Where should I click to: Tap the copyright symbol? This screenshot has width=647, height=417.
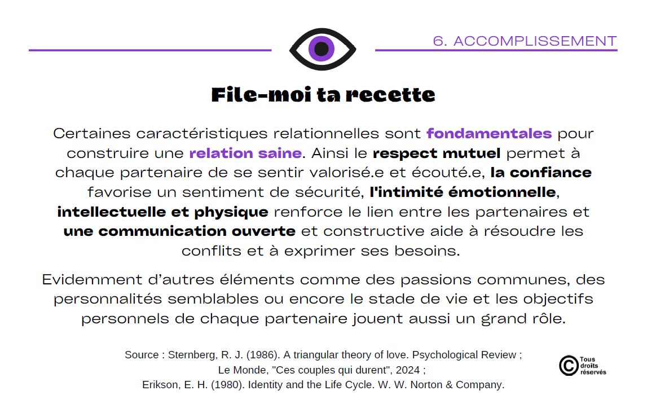pyautogui.click(x=569, y=366)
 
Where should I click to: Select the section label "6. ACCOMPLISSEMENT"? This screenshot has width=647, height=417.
pyautogui.click(x=525, y=41)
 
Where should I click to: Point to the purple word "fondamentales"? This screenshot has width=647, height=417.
pyautogui.click(x=489, y=133)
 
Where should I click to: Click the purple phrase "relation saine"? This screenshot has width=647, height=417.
pyautogui.click(x=245, y=153)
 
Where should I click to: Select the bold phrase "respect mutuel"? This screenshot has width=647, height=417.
pyautogui.click(x=437, y=153)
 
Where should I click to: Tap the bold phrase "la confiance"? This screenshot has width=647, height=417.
pyautogui.click(x=541, y=172)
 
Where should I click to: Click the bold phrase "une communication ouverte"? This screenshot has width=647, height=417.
pyautogui.click(x=179, y=231)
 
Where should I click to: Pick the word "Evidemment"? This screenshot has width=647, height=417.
pyautogui.click(x=92, y=279)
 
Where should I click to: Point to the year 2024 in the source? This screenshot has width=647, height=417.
pyautogui.click(x=408, y=370)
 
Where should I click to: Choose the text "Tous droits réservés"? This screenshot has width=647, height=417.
pyautogui.click(x=593, y=366)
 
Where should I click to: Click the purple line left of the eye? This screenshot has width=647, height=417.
pyautogui.click(x=150, y=50)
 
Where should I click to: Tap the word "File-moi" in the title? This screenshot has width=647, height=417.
pyautogui.click(x=261, y=95)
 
